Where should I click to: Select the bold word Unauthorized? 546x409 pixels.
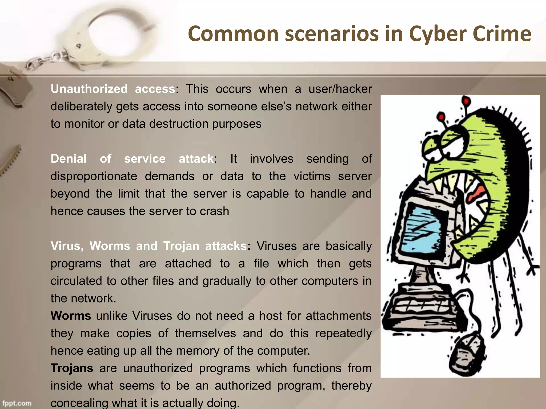pyautogui.click(x=89, y=89)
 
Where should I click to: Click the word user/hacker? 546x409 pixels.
pyautogui.click(x=340, y=89)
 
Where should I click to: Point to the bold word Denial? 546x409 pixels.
pyautogui.click(x=69, y=159)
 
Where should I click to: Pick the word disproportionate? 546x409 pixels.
pyautogui.click(x=94, y=176)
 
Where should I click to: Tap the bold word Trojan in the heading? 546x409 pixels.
pyautogui.click(x=181, y=246)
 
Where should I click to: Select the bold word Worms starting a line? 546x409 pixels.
pyautogui.click(x=71, y=316)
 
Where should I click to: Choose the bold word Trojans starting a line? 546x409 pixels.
pyautogui.click(x=72, y=368)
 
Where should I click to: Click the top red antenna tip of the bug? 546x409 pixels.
pyautogui.click(x=466, y=101)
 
